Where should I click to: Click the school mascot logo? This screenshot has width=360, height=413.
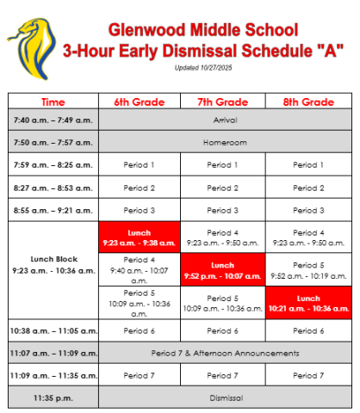[29, 44]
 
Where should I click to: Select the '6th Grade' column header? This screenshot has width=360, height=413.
[140, 102]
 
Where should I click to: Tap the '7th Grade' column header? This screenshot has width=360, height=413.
[223, 102]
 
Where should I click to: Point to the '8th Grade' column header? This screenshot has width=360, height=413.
[307, 102]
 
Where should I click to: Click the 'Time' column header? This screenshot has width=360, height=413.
[53, 102]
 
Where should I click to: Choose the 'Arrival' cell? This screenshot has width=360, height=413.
[224, 120]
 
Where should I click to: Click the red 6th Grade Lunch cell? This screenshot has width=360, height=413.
[140, 237]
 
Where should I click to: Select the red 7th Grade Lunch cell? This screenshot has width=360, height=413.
[223, 270]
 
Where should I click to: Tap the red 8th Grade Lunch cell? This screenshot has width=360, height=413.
[307, 303]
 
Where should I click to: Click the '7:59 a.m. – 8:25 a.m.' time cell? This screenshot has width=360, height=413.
[53, 164]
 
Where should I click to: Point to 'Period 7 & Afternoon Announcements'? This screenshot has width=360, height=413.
[224, 353]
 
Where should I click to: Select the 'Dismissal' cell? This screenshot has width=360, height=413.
[224, 398]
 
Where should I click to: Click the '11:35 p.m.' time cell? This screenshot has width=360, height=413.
[53, 398]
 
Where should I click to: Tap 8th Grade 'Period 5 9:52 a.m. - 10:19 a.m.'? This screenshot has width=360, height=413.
[307, 270]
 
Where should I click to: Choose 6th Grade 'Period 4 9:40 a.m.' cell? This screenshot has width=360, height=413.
[140, 270]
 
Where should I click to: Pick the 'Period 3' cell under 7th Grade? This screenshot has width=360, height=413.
[223, 210]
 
